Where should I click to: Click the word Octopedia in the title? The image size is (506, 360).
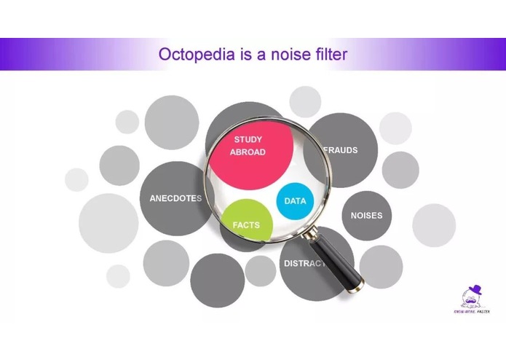[191, 54]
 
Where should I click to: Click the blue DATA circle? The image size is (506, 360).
[295, 200]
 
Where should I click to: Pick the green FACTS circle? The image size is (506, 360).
[246, 223]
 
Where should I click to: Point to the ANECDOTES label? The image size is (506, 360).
[175, 198]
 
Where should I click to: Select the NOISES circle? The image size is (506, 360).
[366, 216]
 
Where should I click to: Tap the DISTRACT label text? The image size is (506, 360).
[304, 263]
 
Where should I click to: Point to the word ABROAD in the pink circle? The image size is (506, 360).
[248, 152]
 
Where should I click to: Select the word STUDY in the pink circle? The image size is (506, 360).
[248, 139]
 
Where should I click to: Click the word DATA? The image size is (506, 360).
[295, 201]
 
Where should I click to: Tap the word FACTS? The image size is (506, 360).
[246, 225]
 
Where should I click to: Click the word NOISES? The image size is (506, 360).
[366, 216]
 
